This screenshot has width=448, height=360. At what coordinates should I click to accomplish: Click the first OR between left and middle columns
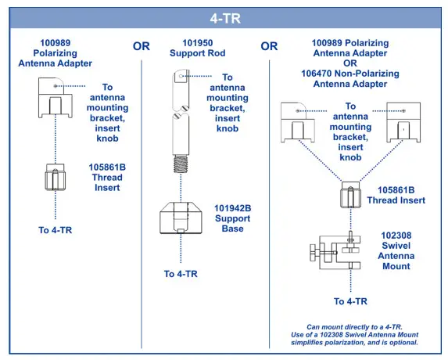pos(142,46)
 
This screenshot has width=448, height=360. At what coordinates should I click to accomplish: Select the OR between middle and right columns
pos(269,46)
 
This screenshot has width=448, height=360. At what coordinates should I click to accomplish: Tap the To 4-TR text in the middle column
pos(181,274)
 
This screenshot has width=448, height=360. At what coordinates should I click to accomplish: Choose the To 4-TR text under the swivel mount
pos(350,301)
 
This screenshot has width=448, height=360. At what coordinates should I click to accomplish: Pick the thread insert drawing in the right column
pos(350,195)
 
